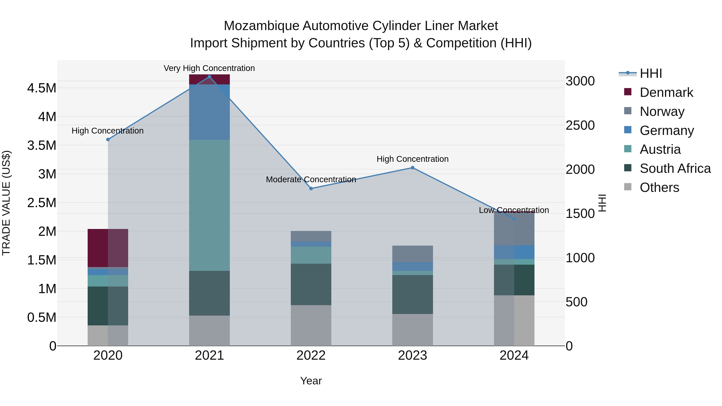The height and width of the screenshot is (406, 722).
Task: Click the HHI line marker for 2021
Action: [209, 77]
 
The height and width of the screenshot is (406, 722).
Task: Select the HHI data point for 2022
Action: [311, 189]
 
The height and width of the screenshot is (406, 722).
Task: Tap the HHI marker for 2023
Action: [412, 168]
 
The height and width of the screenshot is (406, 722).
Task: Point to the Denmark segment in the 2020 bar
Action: [108, 248]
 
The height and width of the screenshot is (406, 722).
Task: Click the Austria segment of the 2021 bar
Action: [209, 205]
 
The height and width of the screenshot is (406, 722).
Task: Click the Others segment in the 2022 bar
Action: [311, 325]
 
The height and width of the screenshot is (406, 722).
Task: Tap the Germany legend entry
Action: [666, 131]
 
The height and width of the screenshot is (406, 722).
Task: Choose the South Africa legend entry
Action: [675, 168]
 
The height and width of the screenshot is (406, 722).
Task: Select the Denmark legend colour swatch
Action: [628, 92]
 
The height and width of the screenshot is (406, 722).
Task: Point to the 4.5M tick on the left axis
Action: [42, 88]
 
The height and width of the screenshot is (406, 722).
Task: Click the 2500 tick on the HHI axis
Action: [580, 125]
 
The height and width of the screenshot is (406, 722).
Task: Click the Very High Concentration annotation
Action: [209, 68]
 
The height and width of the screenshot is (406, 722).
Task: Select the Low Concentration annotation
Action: [514, 210]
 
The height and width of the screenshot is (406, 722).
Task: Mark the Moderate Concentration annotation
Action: [311, 179]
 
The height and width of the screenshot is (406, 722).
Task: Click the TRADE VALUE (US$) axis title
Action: [6, 203]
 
